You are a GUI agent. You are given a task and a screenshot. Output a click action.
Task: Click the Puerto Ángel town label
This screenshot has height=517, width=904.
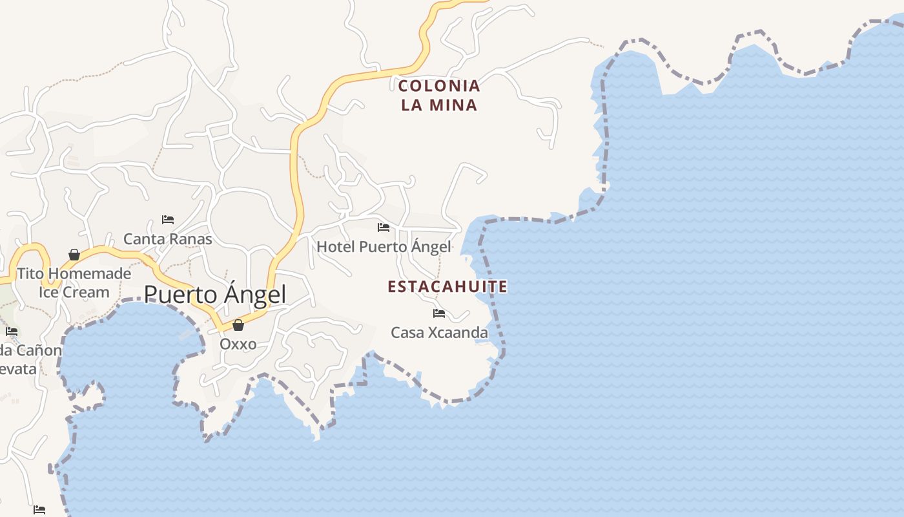pyautogui.click(x=214, y=295)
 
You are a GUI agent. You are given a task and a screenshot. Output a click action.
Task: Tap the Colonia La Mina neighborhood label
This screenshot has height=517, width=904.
pyautogui.click(x=439, y=95)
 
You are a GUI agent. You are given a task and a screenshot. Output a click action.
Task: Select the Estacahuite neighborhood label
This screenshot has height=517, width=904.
pyautogui.click(x=447, y=286)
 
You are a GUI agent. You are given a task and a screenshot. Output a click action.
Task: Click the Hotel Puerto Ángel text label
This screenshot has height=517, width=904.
pyautogui.click(x=384, y=247)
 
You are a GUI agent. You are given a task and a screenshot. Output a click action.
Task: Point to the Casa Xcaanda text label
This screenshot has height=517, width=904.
pyautogui.click(x=439, y=333)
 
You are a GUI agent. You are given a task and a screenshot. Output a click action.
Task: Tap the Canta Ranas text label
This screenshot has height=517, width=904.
pyautogui.click(x=167, y=239)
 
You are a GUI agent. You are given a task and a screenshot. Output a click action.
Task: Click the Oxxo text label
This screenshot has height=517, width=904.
pyautogui.click(x=238, y=344)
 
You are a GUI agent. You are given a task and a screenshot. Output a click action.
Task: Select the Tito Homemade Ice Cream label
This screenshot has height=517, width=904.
pyautogui.click(x=74, y=282)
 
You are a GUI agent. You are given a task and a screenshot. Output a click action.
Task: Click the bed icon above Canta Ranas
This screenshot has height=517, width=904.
pyautogui.click(x=168, y=220)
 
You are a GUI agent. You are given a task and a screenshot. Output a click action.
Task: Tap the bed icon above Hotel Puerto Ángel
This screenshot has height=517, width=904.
pyautogui.click(x=384, y=227)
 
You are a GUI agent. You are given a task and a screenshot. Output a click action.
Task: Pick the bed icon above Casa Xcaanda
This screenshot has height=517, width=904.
pyautogui.click(x=439, y=313)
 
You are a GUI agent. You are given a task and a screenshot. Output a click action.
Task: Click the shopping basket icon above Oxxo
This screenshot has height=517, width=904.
pyautogui.click(x=238, y=325)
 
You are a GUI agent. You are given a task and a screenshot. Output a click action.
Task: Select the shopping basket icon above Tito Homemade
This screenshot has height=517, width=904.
pyautogui.click(x=74, y=255)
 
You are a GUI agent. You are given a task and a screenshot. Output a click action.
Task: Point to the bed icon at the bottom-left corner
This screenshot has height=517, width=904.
pyautogui.click(x=39, y=509)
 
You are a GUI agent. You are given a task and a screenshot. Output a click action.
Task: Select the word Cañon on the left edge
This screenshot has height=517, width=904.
pyautogui.click(x=40, y=351)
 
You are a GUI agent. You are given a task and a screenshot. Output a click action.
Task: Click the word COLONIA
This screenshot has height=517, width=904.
pyautogui.click(x=439, y=85)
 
